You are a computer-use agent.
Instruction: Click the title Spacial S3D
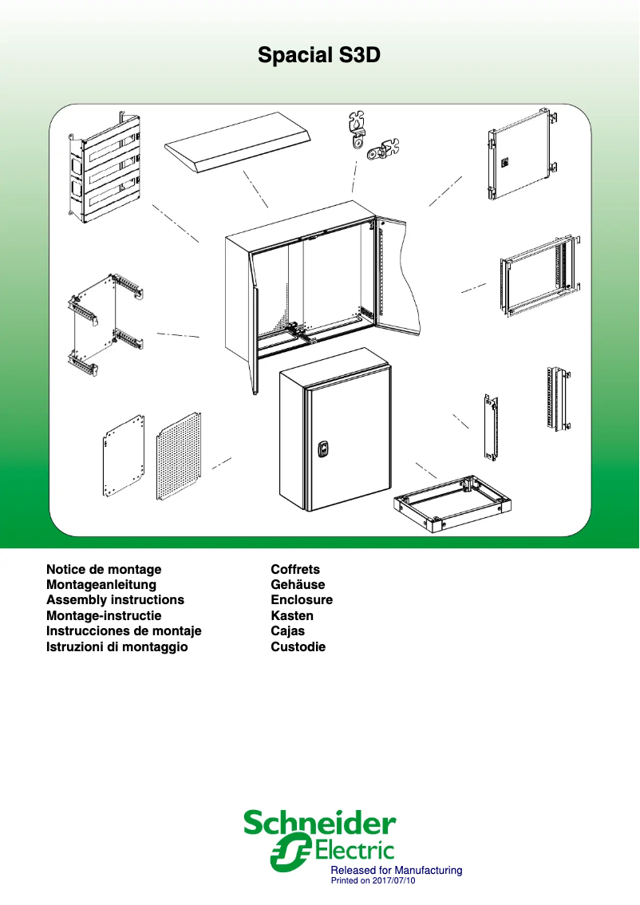pos(319,55)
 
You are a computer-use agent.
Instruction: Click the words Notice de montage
pos(104,569)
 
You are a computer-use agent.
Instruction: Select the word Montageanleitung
pos(101,585)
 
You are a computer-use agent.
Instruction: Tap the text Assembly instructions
pos(115,600)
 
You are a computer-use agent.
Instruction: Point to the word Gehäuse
pos(298,585)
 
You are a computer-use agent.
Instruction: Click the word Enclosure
pos(302,600)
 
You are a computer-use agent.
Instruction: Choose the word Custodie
pos(298,647)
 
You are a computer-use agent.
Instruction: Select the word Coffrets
pos(295,569)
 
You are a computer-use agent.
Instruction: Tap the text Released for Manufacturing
pos(397,870)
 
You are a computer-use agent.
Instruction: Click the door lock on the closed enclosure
pos(324,449)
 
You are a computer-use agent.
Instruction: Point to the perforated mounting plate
pos(178,455)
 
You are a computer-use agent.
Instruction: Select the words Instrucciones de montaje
pos(124,631)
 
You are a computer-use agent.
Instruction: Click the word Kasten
pos(292,616)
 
